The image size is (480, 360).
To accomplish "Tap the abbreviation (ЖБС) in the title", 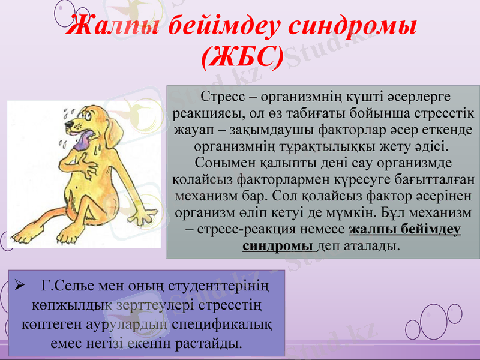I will (241, 58).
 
